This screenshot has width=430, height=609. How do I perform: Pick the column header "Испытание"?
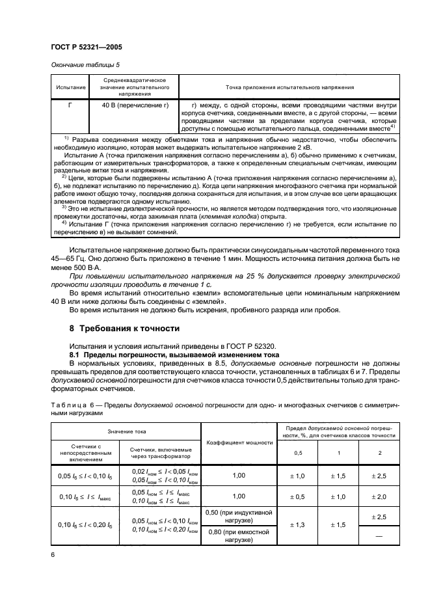point(70,87)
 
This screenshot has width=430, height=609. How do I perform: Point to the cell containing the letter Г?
point(70,104)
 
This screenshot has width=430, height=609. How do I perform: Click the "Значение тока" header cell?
point(127,431)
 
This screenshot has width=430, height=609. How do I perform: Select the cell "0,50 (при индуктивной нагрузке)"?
point(239,515)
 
